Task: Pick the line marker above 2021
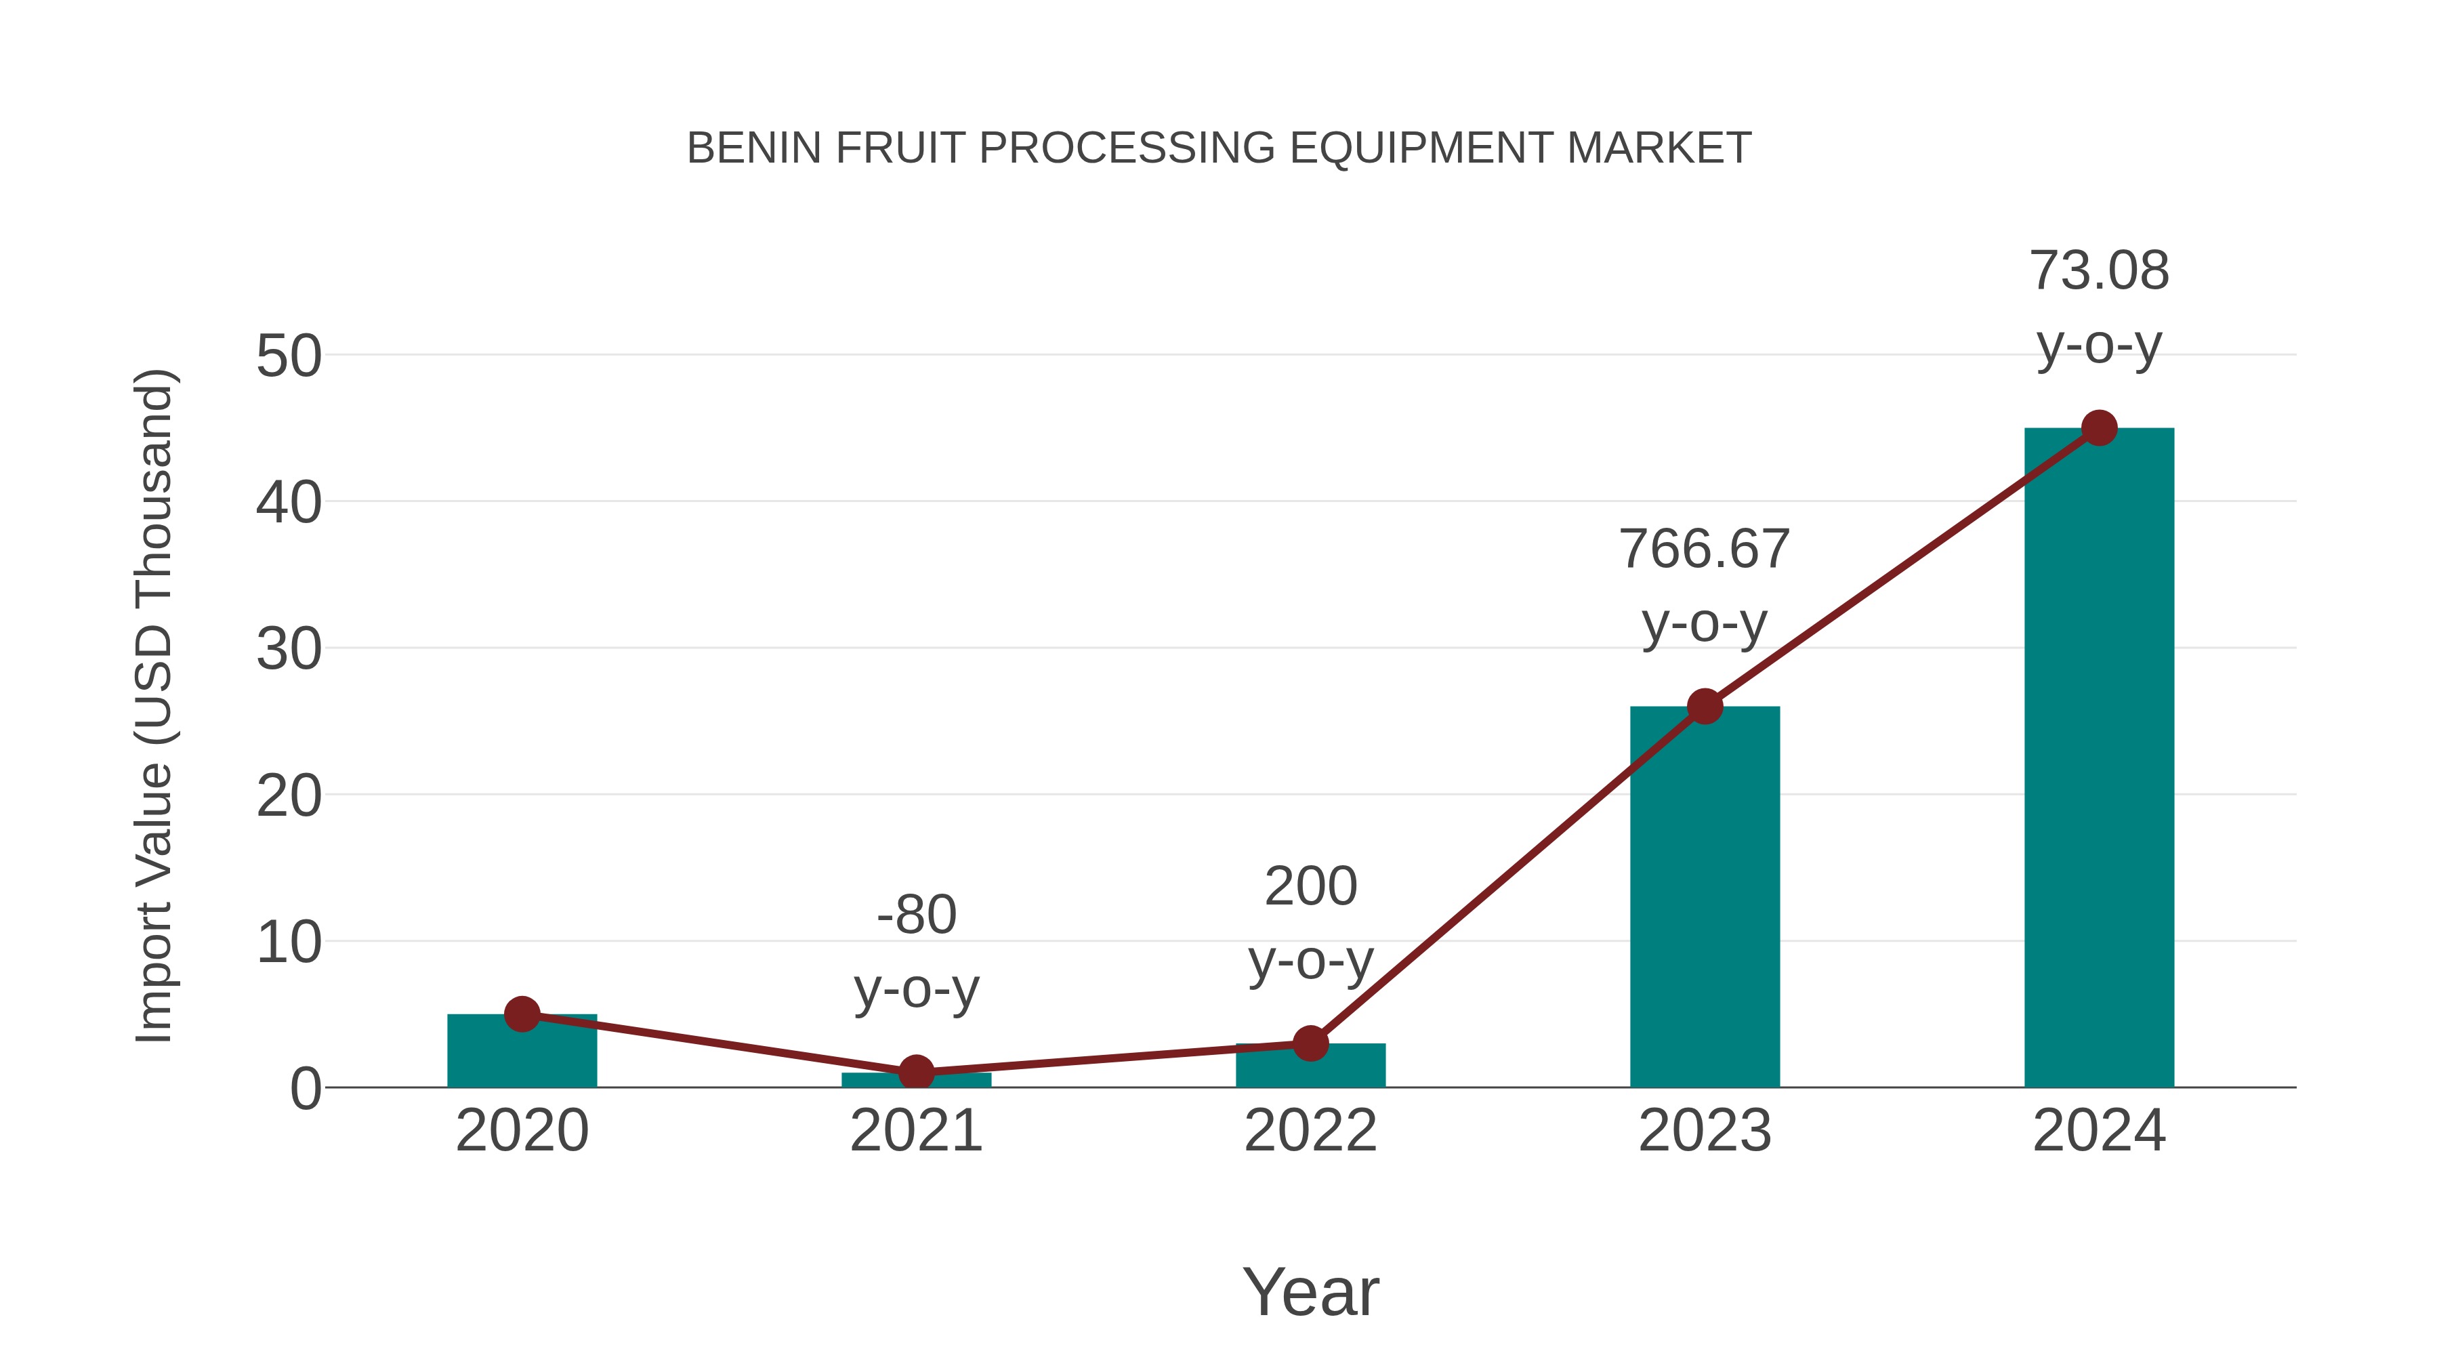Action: click(x=915, y=1073)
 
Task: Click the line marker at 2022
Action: click(x=1310, y=1043)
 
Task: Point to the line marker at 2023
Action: click(x=1705, y=707)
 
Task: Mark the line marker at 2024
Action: click(x=2099, y=428)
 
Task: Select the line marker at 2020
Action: click(x=522, y=1014)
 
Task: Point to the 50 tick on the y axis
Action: click(x=289, y=357)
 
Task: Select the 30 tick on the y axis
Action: click(x=289, y=650)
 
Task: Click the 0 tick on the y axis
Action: click(x=305, y=1089)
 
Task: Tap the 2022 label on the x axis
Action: click(x=1310, y=1131)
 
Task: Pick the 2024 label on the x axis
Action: click(x=2098, y=1131)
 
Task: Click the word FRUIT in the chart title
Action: click(x=900, y=148)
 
